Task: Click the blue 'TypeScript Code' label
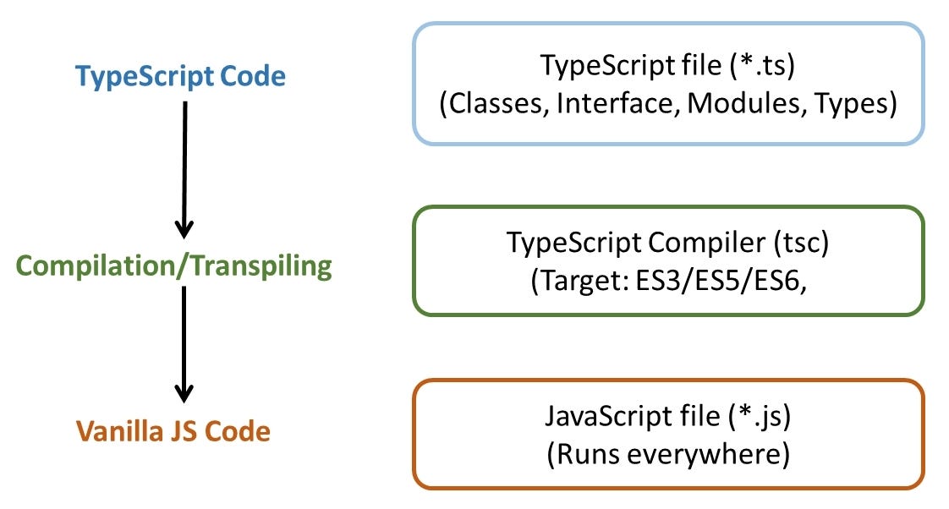(x=180, y=77)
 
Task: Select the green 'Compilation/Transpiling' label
(x=173, y=266)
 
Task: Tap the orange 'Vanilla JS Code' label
(x=173, y=432)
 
